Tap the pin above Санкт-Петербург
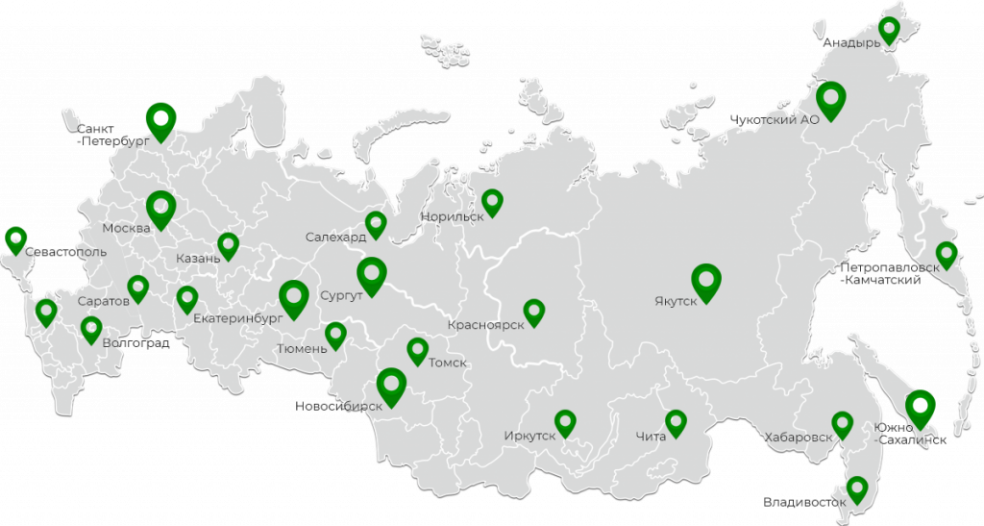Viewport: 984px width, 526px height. click(x=161, y=119)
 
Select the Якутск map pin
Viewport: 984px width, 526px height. click(x=706, y=281)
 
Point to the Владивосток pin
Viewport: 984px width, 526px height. click(x=856, y=488)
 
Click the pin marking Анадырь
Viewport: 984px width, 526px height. click(x=890, y=30)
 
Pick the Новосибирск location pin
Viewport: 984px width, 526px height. click(x=391, y=385)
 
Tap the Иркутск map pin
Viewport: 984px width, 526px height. click(x=565, y=421)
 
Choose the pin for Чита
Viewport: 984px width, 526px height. click(x=676, y=421)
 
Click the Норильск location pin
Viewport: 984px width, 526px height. click(x=492, y=202)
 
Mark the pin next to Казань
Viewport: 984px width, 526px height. click(x=228, y=244)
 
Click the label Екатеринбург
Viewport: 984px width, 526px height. click(x=237, y=317)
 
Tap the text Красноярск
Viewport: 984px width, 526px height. click(x=485, y=325)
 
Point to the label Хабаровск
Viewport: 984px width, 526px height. click(x=798, y=438)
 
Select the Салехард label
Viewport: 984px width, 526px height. click(x=335, y=237)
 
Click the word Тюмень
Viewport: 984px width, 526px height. click(x=301, y=348)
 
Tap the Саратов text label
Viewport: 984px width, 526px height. click(x=104, y=301)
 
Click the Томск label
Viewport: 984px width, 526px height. click(x=447, y=363)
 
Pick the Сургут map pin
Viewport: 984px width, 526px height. click(x=371, y=275)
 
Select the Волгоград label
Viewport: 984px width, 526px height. click(x=135, y=342)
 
